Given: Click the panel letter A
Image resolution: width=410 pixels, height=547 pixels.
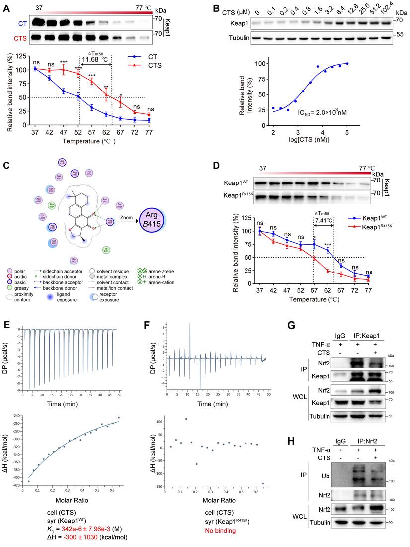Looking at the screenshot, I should coord(7,7).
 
